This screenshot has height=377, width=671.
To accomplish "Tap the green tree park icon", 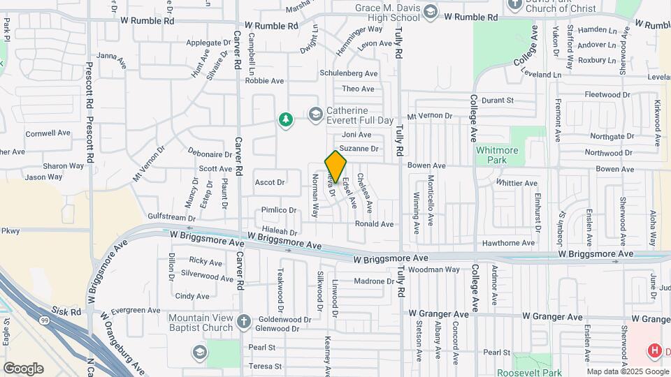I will (x=285, y=120).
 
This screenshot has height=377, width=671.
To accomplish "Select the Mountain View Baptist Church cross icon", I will (x=243, y=322).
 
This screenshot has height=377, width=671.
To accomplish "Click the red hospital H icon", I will (x=655, y=350).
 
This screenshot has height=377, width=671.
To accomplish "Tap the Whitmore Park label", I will (x=500, y=154).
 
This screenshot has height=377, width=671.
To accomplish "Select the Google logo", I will (x=23, y=369).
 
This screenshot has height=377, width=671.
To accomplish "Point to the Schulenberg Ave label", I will (x=349, y=73).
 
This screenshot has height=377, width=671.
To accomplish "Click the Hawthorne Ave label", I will (x=508, y=243).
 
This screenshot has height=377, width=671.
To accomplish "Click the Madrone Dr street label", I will (x=375, y=281).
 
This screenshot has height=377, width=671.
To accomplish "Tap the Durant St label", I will (x=498, y=101).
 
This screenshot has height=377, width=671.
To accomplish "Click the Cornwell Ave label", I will (x=48, y=133).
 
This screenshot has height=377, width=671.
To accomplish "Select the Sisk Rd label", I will (x=66, y=311).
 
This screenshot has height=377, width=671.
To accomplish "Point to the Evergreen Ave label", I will (x=136, y=310).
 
